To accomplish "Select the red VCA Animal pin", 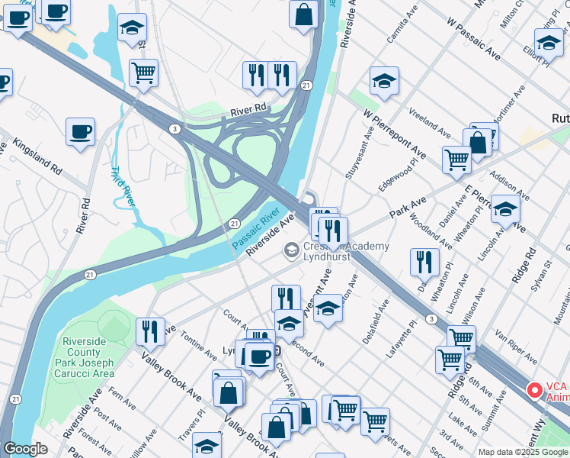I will (535, 390).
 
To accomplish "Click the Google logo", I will (26, 449).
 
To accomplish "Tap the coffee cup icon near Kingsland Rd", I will (80, 132).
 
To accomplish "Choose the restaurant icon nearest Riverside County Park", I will (150, 331).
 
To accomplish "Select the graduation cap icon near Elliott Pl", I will (548, 42).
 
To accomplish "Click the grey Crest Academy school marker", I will (291, 250).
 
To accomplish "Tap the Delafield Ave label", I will (376, 320).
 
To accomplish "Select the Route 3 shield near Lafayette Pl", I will (431, 318).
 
